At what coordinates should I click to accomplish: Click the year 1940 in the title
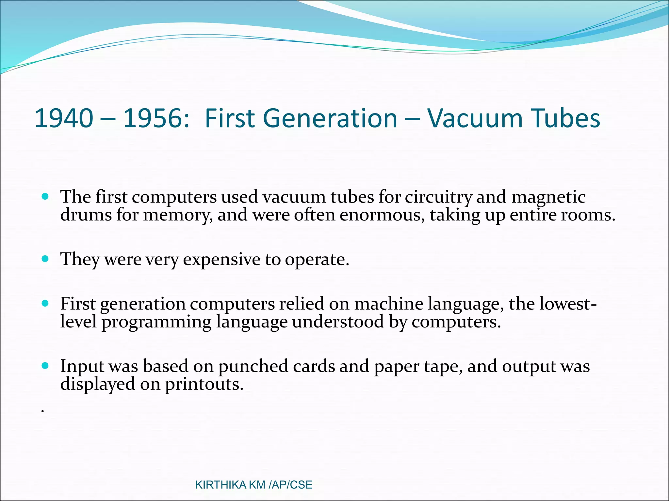(x=64, y=118)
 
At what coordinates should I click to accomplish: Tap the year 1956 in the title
(x=152, y=118)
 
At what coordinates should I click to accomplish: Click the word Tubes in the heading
(x=565, y=118)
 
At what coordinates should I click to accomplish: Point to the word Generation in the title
(x=330, y=118)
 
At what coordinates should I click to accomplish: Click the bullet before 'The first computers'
(x=45, y=197)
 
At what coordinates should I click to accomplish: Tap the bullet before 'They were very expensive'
(x=45, y=259)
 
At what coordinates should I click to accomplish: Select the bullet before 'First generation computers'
(x=45, y=304)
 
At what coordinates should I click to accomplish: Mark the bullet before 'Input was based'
(x=45, y=366)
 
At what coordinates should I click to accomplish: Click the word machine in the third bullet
(x=389, y=304)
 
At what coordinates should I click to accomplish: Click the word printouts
(x=204, y=384)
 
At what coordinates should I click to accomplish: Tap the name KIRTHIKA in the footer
(x=220, y=485)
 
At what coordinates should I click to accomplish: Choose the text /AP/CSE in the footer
(x=290, y=485)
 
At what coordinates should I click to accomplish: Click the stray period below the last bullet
(x=42, y=412)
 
